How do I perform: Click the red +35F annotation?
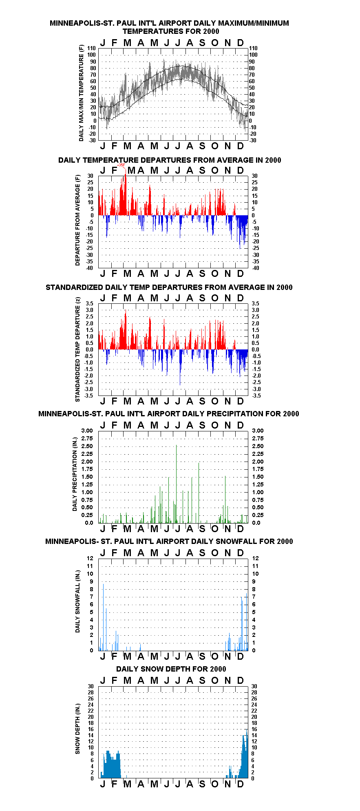121,165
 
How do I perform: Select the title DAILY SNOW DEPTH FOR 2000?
171,669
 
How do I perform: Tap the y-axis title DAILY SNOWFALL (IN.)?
77,601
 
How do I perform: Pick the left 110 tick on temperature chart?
92,48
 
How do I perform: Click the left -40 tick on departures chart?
89,268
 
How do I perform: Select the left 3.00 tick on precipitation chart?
87,431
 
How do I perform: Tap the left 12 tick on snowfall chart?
90,558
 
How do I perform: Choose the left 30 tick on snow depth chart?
91,686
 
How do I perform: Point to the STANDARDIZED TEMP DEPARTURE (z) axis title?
77,349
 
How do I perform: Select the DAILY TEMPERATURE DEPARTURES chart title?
170,160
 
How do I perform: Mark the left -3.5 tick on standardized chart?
88,396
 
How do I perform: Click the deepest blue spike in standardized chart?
180,367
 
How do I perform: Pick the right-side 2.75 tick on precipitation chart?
258,438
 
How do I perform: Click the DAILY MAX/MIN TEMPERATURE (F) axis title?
81,93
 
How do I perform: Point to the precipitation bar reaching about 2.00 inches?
199,493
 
